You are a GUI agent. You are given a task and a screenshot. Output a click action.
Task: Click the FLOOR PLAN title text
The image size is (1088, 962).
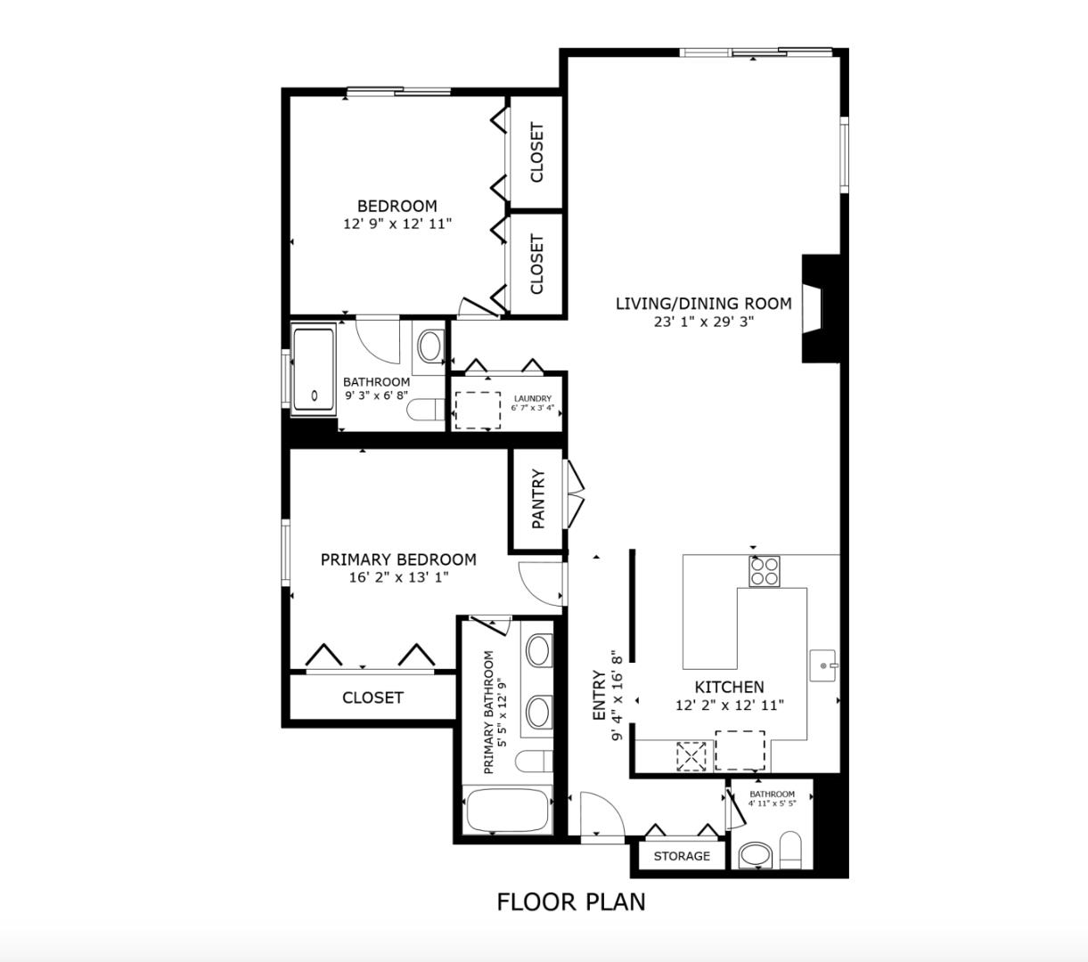click(570, 901)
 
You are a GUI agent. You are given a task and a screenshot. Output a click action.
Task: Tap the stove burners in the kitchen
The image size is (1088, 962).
click(764, 570)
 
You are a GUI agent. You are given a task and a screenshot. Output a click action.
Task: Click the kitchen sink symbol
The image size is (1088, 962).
click(824, 665)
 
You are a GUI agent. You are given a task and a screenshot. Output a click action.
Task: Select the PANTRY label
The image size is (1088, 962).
click(538, 500)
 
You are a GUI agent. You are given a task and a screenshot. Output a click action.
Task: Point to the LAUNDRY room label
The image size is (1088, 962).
click(532, 399)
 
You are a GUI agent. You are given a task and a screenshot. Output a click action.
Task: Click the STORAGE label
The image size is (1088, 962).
click(682, 856)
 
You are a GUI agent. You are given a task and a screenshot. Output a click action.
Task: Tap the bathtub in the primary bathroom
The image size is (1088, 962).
click(505, 811)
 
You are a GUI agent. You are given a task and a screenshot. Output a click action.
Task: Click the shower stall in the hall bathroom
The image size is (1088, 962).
click(313, 370)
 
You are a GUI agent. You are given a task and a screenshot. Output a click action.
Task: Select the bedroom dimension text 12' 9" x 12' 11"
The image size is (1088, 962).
click(397, 224)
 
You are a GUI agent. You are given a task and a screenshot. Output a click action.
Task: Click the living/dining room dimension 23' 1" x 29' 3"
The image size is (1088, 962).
click(704, 322)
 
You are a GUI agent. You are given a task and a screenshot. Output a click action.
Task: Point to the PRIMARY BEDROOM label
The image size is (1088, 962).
click(398, 559)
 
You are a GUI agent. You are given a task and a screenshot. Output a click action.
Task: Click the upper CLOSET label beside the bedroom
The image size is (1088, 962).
click(536, 152)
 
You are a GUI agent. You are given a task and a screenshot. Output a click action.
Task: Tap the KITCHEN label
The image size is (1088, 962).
click(729, 687)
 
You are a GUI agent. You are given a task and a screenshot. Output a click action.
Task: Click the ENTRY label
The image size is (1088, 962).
click(599, 696)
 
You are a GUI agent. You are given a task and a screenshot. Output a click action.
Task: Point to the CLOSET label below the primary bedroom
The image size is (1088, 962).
click(372, 697)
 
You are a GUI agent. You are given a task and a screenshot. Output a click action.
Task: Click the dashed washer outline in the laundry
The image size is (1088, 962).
click(477, 410)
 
